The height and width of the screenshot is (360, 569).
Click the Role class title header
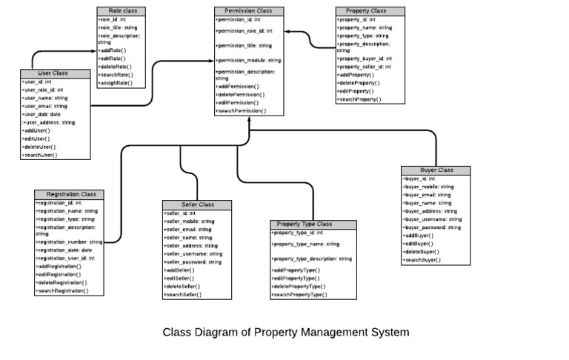[x=122, y=11]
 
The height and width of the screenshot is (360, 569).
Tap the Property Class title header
[x=370, y=11]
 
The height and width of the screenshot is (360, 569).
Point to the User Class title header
[x=53, y=73]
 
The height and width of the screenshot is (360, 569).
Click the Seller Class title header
[x=196, y=204]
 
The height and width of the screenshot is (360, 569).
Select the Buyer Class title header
[x=436, y=170]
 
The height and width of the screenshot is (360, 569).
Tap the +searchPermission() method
[x=241, y=110]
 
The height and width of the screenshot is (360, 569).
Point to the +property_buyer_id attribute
[x=365, y=59]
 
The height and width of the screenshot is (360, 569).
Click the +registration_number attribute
[x=69, y=241]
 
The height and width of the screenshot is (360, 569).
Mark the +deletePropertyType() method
[x=299, y=286]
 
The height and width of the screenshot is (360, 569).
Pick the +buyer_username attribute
[x=432, y=219]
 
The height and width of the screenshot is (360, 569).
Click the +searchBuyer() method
[x=422, y=260]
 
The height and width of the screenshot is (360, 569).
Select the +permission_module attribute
[x=248, y=60]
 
